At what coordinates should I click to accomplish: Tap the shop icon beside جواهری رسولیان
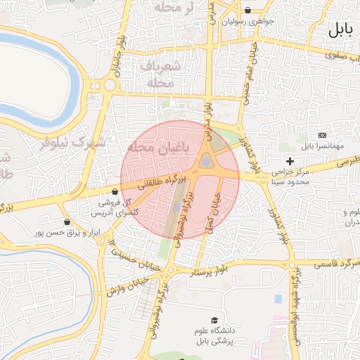249,11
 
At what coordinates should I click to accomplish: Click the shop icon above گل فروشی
115,191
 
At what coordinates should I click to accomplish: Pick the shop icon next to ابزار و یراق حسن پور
67,221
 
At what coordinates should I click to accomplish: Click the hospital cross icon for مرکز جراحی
290,161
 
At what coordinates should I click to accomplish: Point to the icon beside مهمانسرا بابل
322,135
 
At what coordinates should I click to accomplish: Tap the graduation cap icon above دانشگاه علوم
214,320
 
